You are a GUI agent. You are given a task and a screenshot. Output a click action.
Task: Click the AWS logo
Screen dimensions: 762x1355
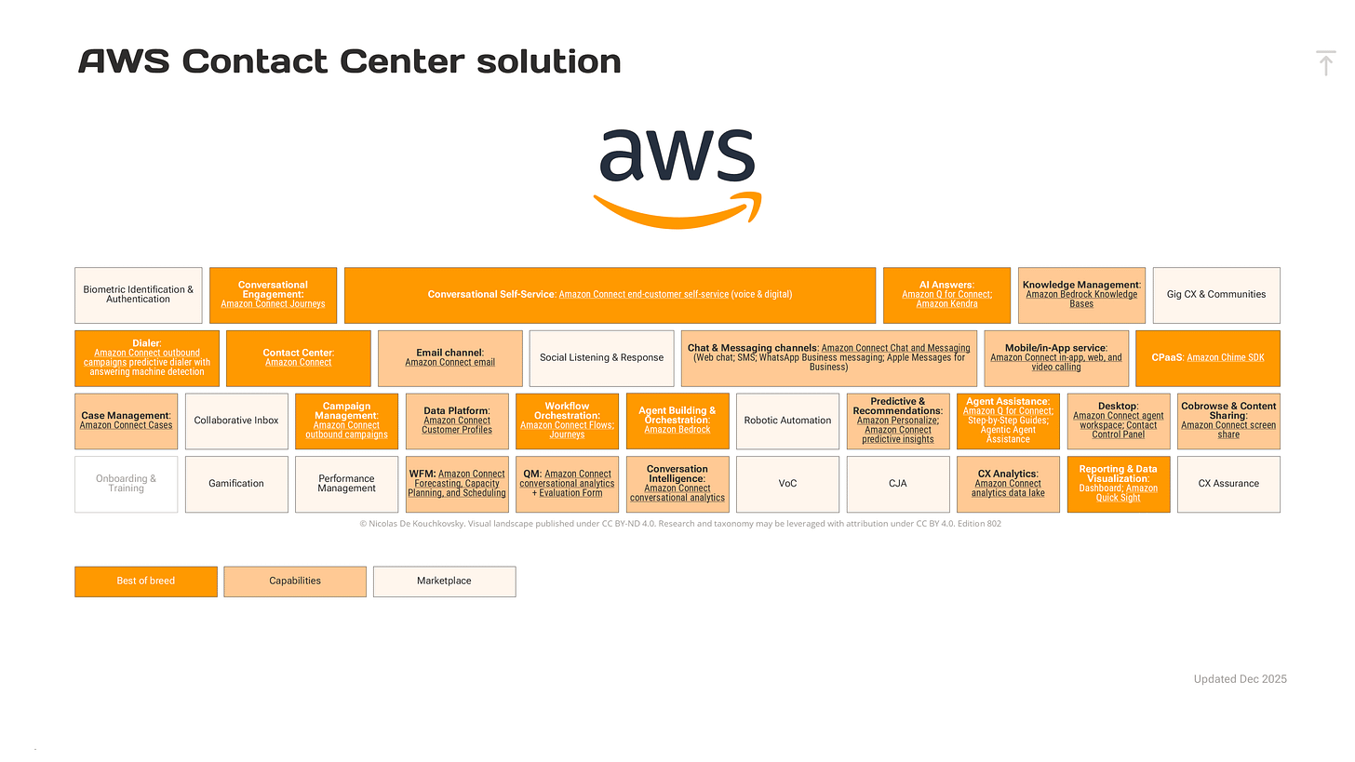pyautogui.click(x=677, y=177)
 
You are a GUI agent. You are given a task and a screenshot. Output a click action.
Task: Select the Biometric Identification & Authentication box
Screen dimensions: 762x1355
pyautogui.click(x=139, y=295)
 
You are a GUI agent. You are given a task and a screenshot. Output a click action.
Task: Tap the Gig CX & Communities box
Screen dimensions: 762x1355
pyautogui.click(x=1216, y=295)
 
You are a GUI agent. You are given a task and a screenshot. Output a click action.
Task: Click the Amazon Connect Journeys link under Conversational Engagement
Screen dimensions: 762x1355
pyautogui.click(x=273, y=304)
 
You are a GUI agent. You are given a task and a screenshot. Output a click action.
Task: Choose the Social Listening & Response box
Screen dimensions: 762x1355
pyautogui.click(x=601, y=358)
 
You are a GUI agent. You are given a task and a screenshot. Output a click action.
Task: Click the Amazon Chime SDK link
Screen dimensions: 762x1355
pyautogui.click(x=1225, y=358)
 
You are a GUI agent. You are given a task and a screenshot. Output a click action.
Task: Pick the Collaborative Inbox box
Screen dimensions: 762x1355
pyautogui.click(x=236, y=421)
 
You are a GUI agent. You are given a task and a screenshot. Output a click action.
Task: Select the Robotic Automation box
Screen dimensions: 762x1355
pyautogui.click(x=787, y=421)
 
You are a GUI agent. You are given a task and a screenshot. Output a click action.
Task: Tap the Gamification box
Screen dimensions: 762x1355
pyautogui.click(x=236, y=484)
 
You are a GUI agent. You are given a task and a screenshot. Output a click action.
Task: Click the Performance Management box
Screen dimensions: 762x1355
pyautogui.click(x=346, y=484)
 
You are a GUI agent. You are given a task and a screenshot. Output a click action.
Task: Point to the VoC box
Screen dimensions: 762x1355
pyautogui.click(x=787, y=484)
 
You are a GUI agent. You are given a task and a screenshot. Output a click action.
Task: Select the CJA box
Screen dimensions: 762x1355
pyautogui.click(x=897, y=484)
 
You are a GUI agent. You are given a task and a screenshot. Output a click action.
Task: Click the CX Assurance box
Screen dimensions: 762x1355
pyautogui.click(x=1228, y=484)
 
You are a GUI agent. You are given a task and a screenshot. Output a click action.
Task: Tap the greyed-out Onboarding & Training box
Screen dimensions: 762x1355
pyautogui.click(x=127, y=484)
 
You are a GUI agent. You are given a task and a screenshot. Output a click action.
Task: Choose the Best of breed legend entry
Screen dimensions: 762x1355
pyautogui.click(x=146, y=581)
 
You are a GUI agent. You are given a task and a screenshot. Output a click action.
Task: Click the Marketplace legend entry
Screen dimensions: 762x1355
pyautogui.click(x=444, y=581)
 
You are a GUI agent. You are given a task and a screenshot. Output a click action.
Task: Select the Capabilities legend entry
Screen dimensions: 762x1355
pyautogui.click(x=295, y=581)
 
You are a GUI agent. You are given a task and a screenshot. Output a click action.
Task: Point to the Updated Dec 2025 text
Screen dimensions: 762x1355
pyautogui.click(x=1240, y=679)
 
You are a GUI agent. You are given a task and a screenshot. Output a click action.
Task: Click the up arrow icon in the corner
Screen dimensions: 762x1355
pyautogui.click(x=1326, y=63)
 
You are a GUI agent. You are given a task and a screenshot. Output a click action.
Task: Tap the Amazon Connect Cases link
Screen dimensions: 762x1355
pyautogui.click(x=126, y=425)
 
